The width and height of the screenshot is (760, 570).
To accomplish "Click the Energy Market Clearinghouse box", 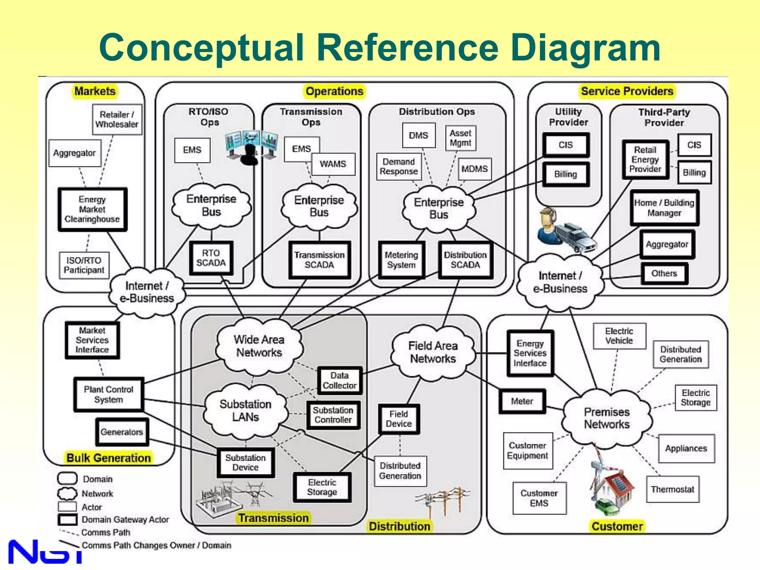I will pyautogui.click(x=92, y=209).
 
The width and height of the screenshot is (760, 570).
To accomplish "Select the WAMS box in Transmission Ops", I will pyautogui.click(x=333, y=164).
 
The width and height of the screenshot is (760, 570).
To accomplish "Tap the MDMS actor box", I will pyautogui.click(x=474, y=169).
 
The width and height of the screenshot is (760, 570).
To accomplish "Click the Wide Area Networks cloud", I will pyautogui.click(x=259, y=346).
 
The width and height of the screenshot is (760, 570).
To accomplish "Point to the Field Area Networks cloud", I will pyautogui.click(x=433, y=352).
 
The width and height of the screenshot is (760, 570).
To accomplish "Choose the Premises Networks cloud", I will pyautogui.click(x=607, y=418).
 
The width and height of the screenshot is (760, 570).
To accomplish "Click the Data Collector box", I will pyautogui.click(x=339, y=381).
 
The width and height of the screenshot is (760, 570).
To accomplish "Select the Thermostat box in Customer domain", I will pyautogui.click(x=672, y=489).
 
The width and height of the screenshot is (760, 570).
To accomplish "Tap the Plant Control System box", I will pyautogui.click(x=108, y=394).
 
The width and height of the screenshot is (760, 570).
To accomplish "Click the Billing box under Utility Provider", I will pyautogui.click(x=565, y=174).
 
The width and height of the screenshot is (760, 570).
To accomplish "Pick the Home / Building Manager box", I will pyautogui.click(x=664, y=208).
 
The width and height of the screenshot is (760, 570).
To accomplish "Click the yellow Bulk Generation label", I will pyautogui.click(x=108, y=458).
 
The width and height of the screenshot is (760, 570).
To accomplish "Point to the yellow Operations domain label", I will pyautogui.click(x=334, y=91).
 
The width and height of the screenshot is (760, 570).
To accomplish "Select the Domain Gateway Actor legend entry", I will pyautogui.click(x=125, y=520).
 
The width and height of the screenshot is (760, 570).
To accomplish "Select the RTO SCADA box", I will pyautogui.click(x=211, y=258).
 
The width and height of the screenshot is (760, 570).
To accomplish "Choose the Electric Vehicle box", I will pyautogui.click(x=619, y=336).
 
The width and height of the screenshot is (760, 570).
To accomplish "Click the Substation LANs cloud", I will pyautogui.click(x=245, y=410).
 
